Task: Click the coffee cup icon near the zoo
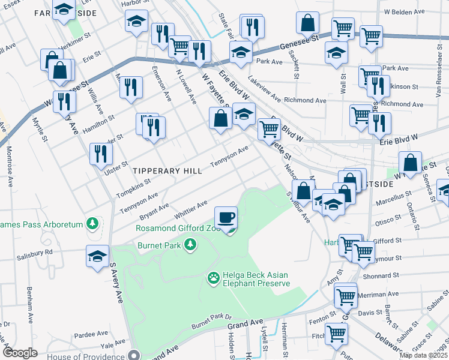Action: pos(226,217)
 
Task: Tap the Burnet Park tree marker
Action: pos(190,244)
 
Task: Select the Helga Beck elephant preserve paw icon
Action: pos(213,278)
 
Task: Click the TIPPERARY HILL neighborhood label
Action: pos(167,171)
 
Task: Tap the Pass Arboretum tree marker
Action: pos(92,224)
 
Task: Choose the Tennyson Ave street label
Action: pos(229,157)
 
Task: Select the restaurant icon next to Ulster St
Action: pos(100,154)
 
